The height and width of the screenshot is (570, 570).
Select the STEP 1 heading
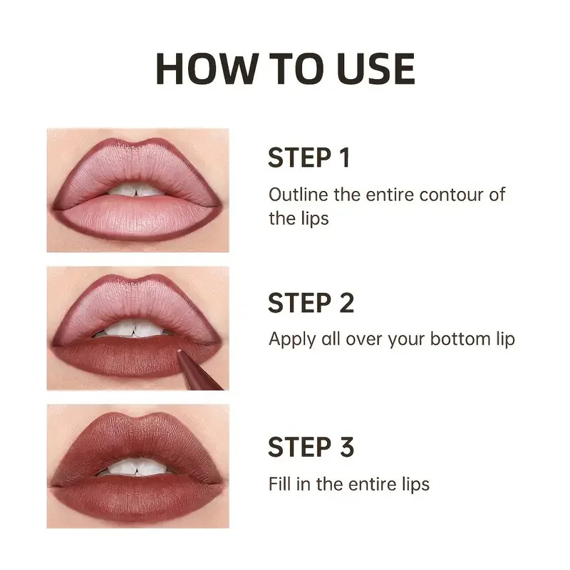[309, 158]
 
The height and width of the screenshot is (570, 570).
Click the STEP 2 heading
[311, 303]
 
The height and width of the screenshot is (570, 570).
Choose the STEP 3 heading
[311, 447]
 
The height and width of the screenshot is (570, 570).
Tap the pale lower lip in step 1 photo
[135, 214]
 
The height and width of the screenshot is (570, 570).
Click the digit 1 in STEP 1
[344, 158]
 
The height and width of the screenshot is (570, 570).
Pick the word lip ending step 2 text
[504, 340]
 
